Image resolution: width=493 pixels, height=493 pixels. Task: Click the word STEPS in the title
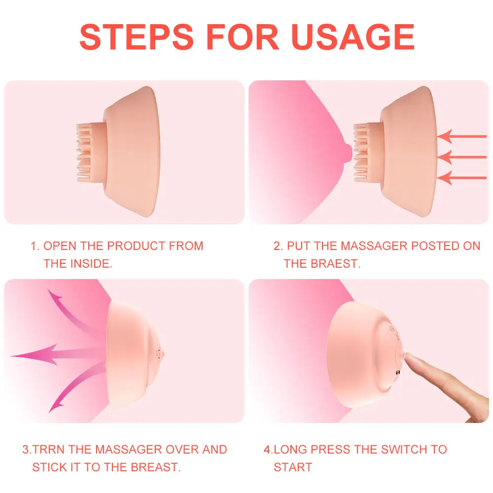[x=137, y=37]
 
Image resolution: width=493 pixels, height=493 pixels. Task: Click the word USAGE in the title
[x=353, y=37]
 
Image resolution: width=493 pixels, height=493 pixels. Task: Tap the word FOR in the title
[x=243, y=37]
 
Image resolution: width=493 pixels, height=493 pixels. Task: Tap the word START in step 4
[x=293, y=467]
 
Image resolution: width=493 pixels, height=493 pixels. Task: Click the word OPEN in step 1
[x=60, y=246]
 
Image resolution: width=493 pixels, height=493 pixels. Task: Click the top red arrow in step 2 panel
[x=461, y=137]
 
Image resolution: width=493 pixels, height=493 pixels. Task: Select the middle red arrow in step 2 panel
[x=461, y=157]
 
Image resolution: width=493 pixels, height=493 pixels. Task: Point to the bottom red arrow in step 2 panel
[x=461, y=177]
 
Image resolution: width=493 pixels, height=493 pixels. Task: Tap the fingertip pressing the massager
[x=408, y=356]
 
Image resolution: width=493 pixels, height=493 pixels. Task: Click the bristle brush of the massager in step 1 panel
[x=88, y=152]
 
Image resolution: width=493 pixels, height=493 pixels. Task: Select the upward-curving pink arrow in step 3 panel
[x=75, y=315]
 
